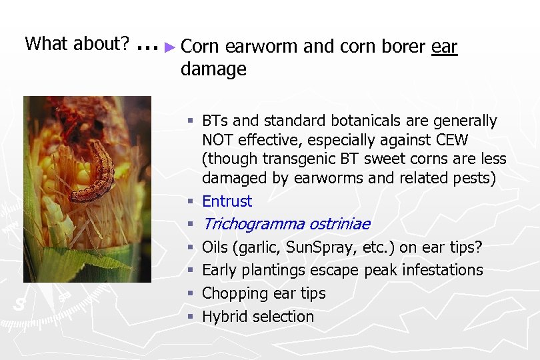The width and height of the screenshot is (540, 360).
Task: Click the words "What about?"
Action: [77, 44]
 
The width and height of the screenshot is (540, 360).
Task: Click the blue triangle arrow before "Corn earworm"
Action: [171, 47]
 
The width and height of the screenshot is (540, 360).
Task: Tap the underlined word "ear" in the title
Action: [445, 47]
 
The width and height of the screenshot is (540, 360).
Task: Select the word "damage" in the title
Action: [213, 69]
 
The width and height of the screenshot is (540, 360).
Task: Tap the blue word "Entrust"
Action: [227, 201]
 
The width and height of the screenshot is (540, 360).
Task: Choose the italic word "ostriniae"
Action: [339, 224]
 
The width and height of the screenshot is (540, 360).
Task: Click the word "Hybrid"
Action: [223, 317]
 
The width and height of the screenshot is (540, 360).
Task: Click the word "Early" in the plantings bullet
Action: [219, 271]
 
